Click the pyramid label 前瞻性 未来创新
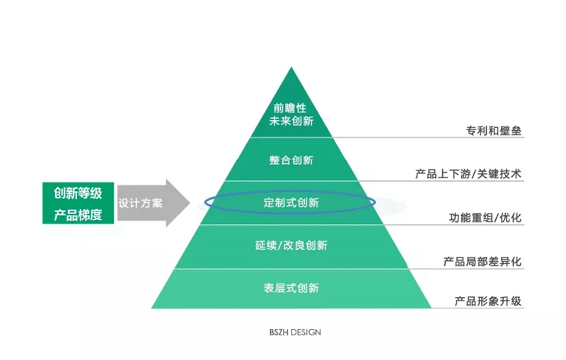click(x=291, y=115)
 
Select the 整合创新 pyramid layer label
click(x=291, y=160)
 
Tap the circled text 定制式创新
click(x=291, y=203)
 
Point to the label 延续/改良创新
click(x=291, y=245)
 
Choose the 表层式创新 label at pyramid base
click(x=291, y=288)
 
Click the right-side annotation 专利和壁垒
click(x=494, y=131)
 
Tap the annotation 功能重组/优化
click(x=485, y=217)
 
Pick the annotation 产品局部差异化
click(x=483, y=262)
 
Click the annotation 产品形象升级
click(x=488, y=301)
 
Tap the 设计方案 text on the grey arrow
click(x=140, y=204)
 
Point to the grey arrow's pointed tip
click(x=189, y=204)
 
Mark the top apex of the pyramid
click(x=291, y=68)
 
